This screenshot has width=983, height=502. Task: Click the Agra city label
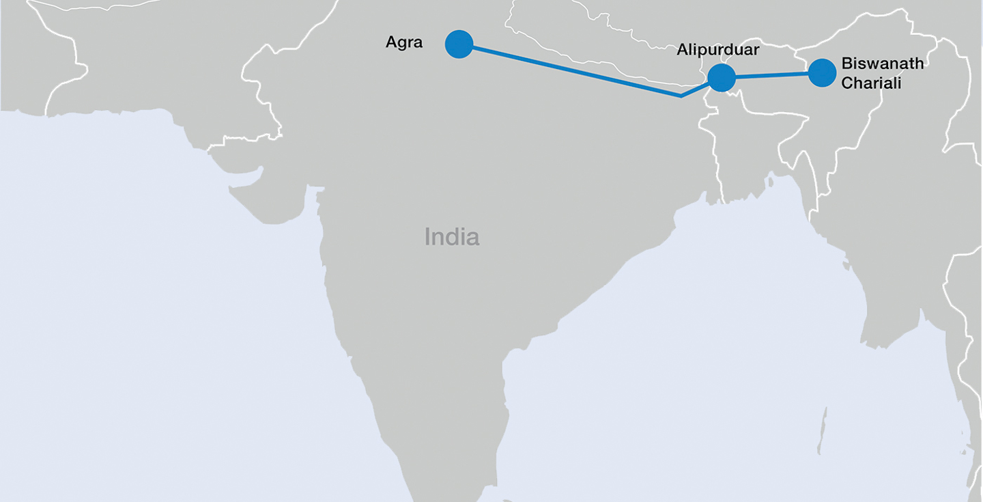[x=404, y=42]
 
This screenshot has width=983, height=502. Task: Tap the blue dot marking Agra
[x=459, y=44]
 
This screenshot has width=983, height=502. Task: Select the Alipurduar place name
[x=717, y=50]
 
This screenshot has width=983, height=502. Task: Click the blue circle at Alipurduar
[x=722, y=78]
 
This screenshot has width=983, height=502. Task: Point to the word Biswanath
[x=882, y=64]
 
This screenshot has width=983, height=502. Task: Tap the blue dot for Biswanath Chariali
[x=823, y=72]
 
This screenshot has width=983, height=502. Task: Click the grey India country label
[x=452, y=237]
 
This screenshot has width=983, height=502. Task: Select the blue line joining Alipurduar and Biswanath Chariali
[x=771, y=75]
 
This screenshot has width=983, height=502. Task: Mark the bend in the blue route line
[x=681, y=96]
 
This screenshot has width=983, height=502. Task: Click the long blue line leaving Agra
[x=573, y=71]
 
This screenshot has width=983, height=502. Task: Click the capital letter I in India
[x=428, y=237]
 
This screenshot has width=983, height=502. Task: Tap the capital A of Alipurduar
[x=682, y=50]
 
